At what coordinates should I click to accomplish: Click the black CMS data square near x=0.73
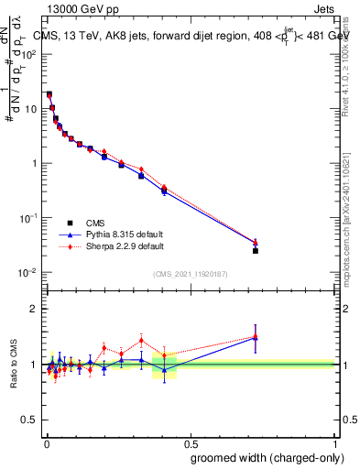(x=256, y=250)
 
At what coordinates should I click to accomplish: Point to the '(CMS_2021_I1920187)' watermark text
(x=190, y=272)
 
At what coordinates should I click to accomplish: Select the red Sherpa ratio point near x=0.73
(x=256, y=336)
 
